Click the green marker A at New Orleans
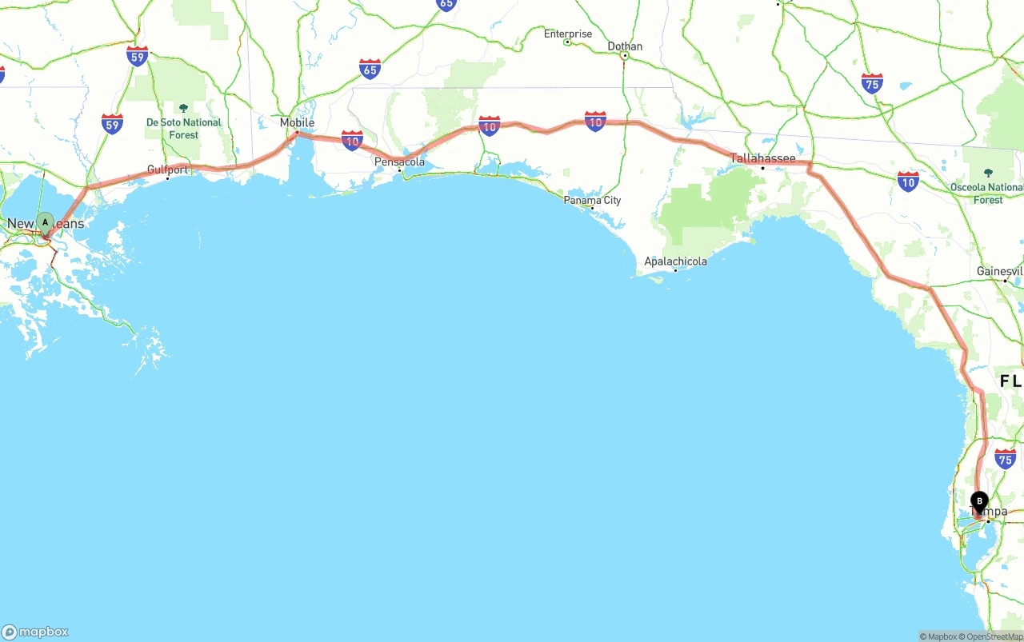pyautogui.click(x=46, y=222)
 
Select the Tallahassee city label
pyautogui.click(x=762, y=158)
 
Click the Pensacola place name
pyautogui.click(x=400, y=161)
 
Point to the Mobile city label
pyautogui.click(x=297, y=122)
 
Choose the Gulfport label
pyautogui.click(x=167, y=169)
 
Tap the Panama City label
pyautogui.click(x=592, y=200)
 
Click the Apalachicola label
pyautogui.click(x=675, y=261)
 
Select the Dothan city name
pyautogui.click(x=625, y=46)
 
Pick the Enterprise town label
pyautogui.click(x=568, y=34)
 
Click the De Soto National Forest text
pyautogui.click(x=183, y=129)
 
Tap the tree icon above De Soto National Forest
pyautogui.click(x=183, y=108)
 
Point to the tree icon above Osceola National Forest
pyautogui.click(x=988, y=173)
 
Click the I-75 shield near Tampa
pyautogui.click(x=1006, y=458)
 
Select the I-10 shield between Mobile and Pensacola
pyautogui.click(x=352, y=141)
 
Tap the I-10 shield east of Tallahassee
pyautogui.click(x=908, y=181)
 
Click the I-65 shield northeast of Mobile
pyautogui.click(x=370, y=69)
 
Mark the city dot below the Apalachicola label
pyautogui.click(x=675, y=270)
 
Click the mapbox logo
pyautogui.click(x=35, y=632)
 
